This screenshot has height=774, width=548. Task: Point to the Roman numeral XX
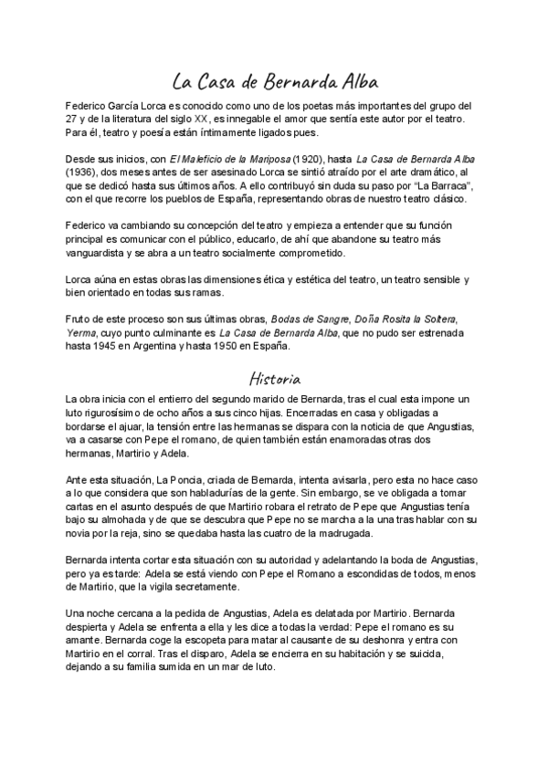201,119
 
